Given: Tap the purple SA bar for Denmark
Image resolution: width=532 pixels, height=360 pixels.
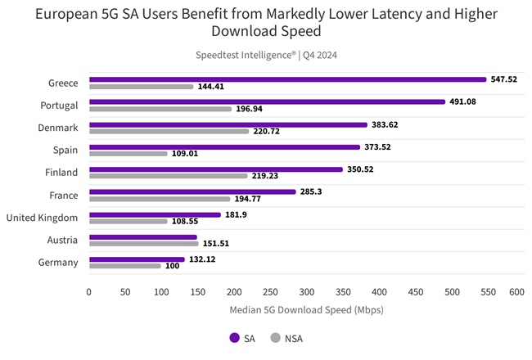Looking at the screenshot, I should (x=228, y=125).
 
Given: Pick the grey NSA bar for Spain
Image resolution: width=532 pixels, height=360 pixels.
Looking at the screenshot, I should (x=128, y=153).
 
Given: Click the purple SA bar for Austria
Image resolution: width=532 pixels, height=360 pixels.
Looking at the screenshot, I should (x=143, y=237).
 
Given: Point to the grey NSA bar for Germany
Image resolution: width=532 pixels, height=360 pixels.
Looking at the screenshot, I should (x=125, y=266).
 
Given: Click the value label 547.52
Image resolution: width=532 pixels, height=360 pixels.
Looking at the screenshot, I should (x=505, y=79).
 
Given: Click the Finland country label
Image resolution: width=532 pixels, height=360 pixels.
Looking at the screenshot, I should (x=61, y=173).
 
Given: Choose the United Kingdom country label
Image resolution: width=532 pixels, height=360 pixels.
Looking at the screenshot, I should (x=42, y=218).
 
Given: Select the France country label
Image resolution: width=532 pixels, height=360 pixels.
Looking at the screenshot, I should (x=63, y=196).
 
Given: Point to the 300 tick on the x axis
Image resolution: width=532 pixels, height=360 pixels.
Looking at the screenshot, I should (x=303, y=291).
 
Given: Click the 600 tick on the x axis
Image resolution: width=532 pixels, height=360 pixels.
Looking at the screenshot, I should (x=516, y=291).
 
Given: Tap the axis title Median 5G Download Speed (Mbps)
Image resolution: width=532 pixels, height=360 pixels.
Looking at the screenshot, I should (x=302, y=310).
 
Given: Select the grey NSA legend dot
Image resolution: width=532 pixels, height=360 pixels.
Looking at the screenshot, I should (x=275, y=337).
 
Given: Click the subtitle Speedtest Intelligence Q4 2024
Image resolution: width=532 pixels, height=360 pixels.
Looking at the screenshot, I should (x=265, y=55).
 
